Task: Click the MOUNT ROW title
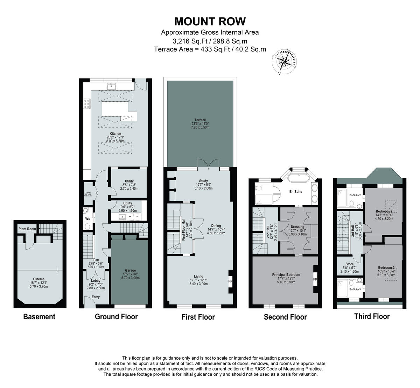[210, 21]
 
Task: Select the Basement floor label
[39, 317]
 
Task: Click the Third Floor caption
[372, 316]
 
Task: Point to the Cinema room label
[39, 279]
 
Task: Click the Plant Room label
[27, 229]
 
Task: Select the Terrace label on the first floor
[200, 120]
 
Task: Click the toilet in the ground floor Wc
[87, 226]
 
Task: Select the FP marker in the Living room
[230, 281]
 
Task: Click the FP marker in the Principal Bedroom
[315, 279]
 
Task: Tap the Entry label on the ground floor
[96, 297]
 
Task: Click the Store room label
[349, 264]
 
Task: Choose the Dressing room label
[297, 227]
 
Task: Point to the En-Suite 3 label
[355, 290]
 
